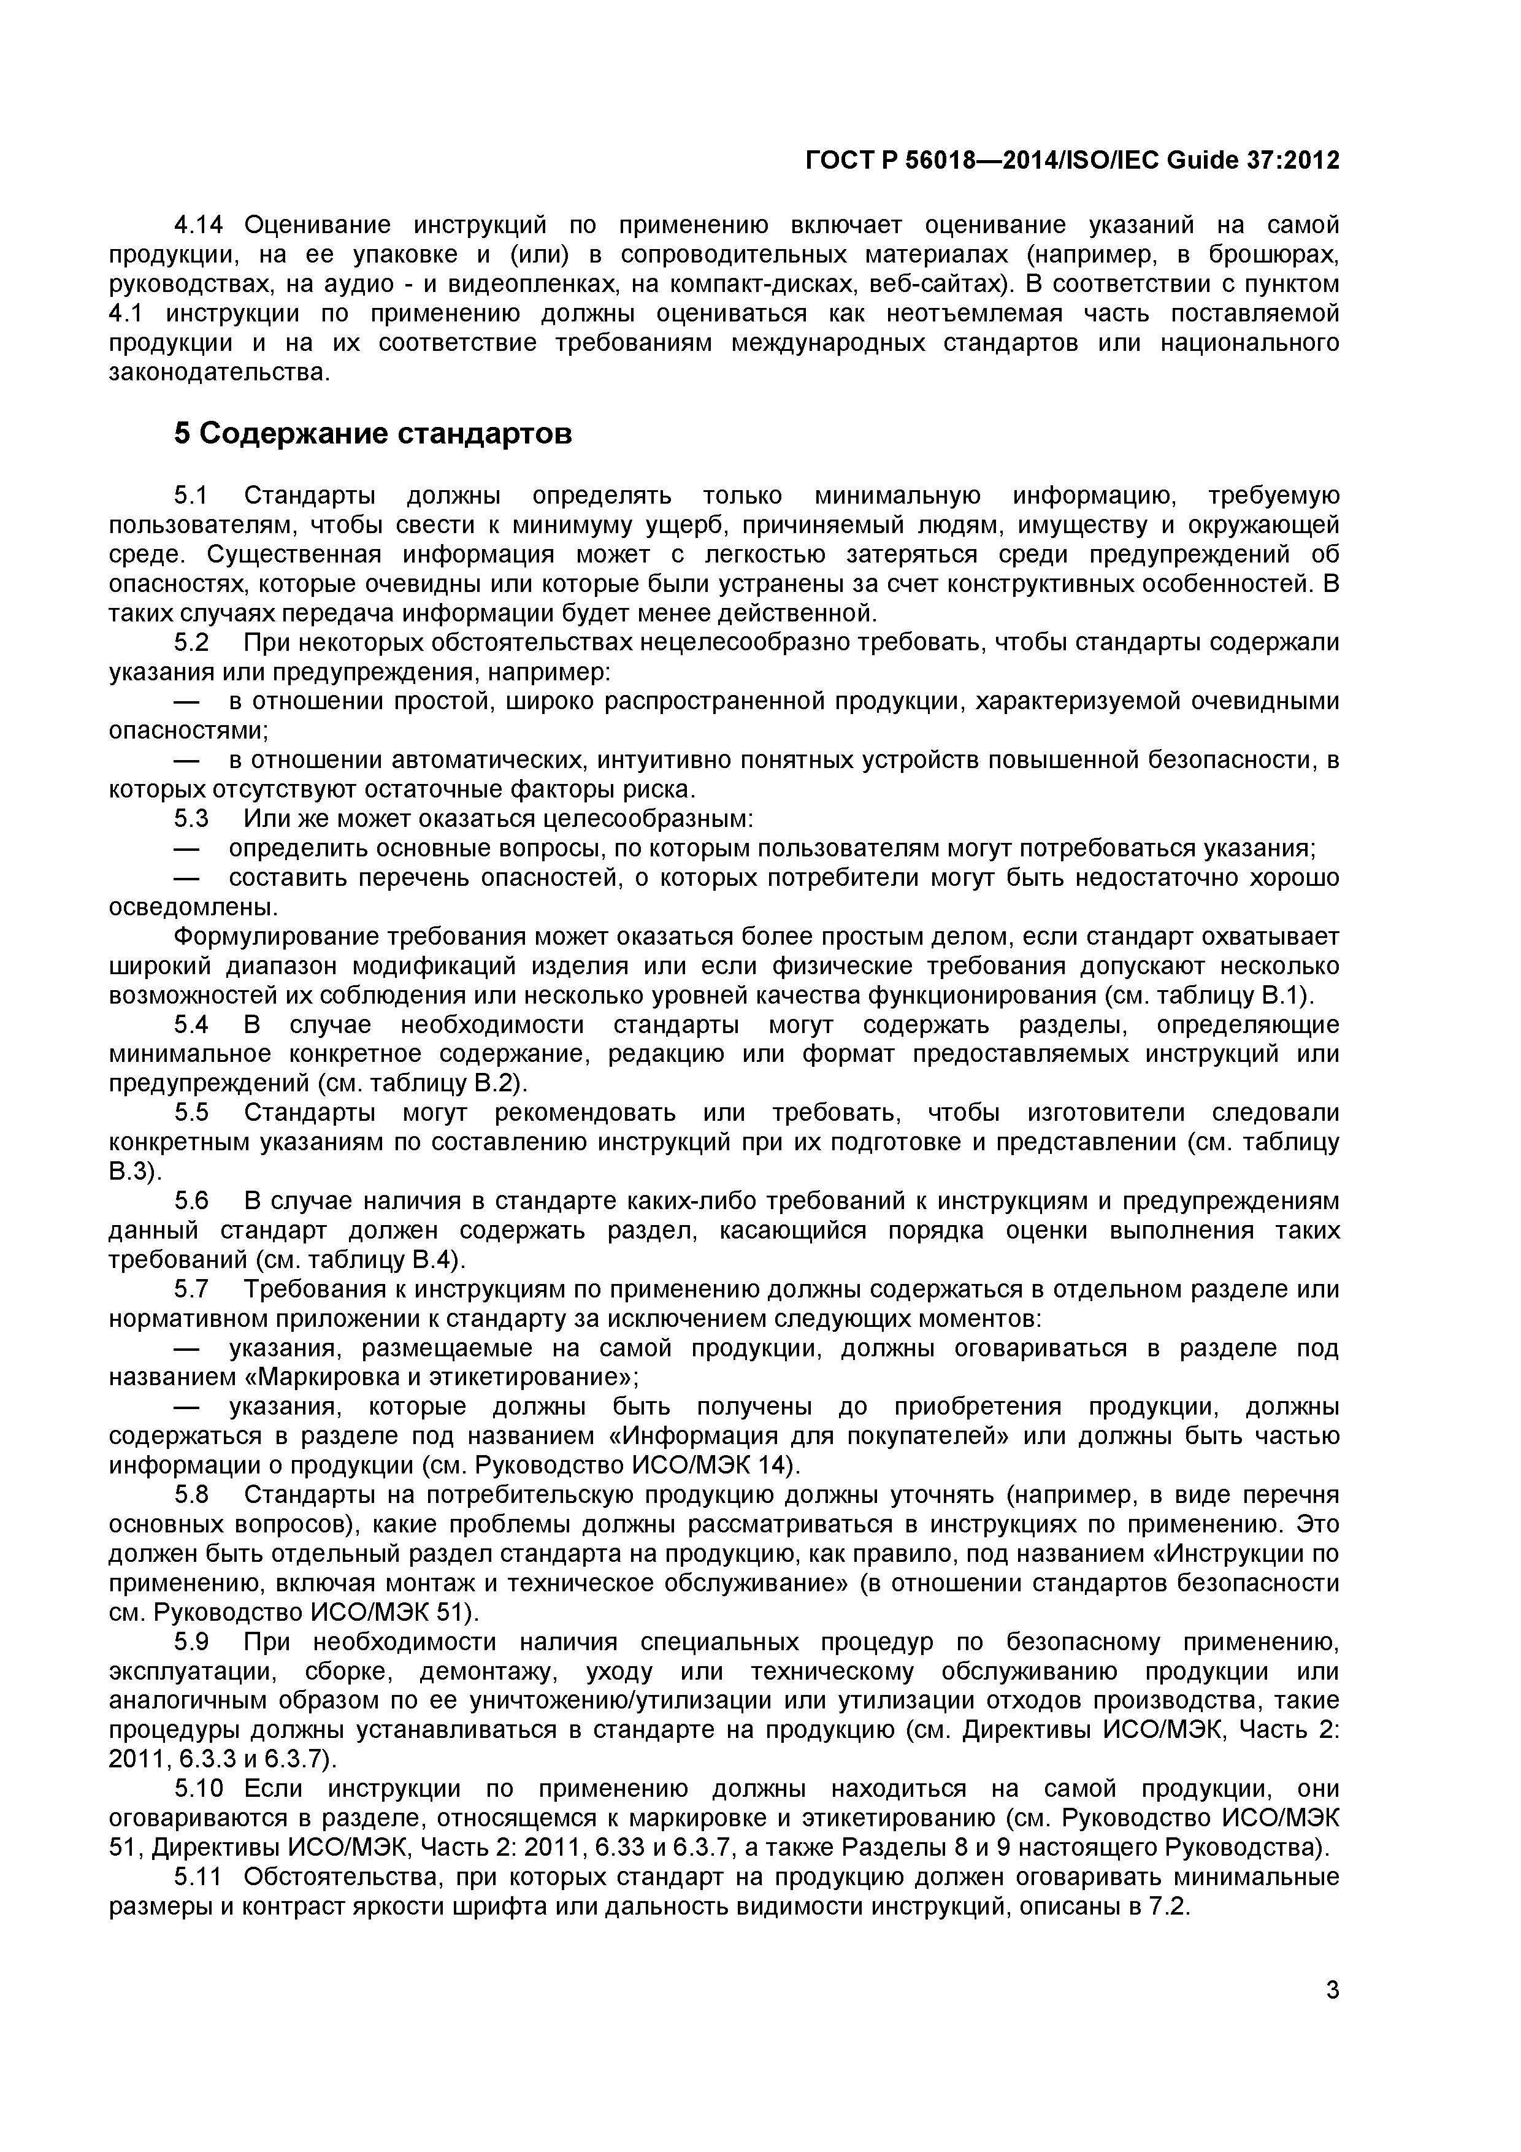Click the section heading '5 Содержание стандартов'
click(372, 434)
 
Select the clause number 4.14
click(202, 225)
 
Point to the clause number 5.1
click(191, 495)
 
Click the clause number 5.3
click(191, 818)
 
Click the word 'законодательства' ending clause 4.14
click(218, 372)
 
